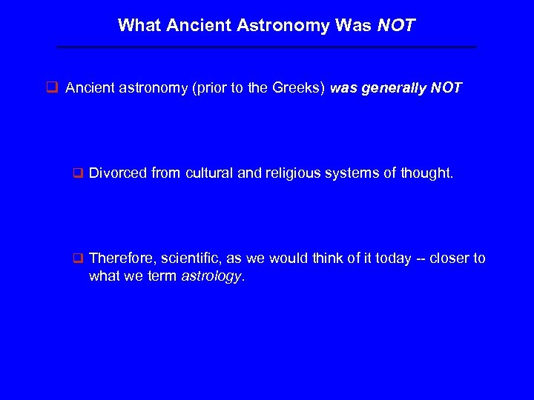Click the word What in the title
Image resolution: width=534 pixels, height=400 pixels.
pos(140,26)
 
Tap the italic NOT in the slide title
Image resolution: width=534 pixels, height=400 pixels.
pos(396,26)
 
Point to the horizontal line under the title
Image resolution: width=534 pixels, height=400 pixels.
pos(267,47)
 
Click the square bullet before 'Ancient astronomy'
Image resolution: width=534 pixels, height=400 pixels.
pos(53,88)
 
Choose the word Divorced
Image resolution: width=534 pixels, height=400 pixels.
pos(118,173)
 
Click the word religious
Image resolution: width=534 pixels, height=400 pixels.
pos(291,173)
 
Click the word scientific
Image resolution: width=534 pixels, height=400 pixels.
pos(187,259)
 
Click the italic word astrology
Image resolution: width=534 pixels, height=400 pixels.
pos(211,276)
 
